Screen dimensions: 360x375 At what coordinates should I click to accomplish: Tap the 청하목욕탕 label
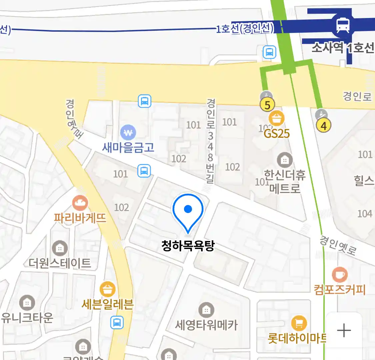point(188,246)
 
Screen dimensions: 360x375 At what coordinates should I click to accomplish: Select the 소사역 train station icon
point(343,25)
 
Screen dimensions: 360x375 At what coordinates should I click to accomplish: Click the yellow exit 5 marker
point(267,105)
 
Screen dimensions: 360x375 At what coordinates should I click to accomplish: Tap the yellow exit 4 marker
point(323,126)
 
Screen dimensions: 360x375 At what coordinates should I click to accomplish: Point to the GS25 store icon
point(277,118)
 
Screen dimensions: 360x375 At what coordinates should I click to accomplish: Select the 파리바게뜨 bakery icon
point(80,202)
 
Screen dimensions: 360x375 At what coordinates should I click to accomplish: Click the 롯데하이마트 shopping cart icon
point(299,323)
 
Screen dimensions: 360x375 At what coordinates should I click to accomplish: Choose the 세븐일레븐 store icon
point(107,290)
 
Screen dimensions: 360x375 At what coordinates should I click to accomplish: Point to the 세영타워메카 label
point(207,325)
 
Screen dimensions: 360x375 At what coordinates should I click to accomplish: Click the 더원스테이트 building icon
point(60,248)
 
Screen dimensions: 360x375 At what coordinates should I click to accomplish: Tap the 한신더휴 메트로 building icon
point(285,160)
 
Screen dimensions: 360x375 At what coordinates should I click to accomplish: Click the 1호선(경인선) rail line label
point(245,29)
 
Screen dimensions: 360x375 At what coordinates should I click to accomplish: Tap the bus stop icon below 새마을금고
point(144,171)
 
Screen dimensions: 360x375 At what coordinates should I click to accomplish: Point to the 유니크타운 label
point(27,318)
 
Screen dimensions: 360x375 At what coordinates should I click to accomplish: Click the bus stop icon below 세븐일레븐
point(117,322)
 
